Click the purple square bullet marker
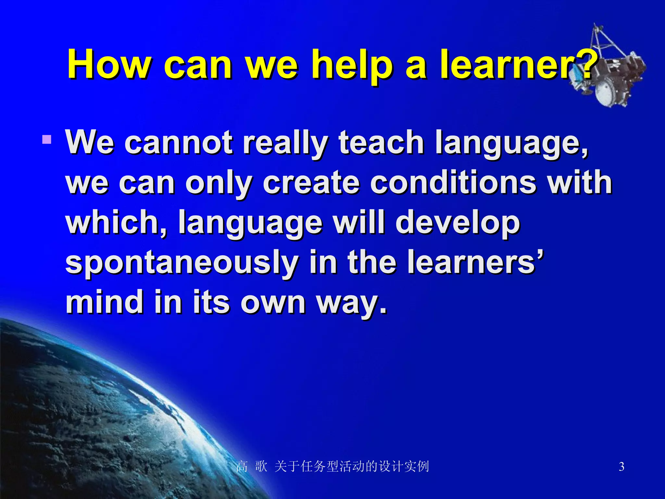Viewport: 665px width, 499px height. [47, 140]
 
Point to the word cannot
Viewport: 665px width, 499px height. [178, 143]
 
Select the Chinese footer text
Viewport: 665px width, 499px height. [332, 467]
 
